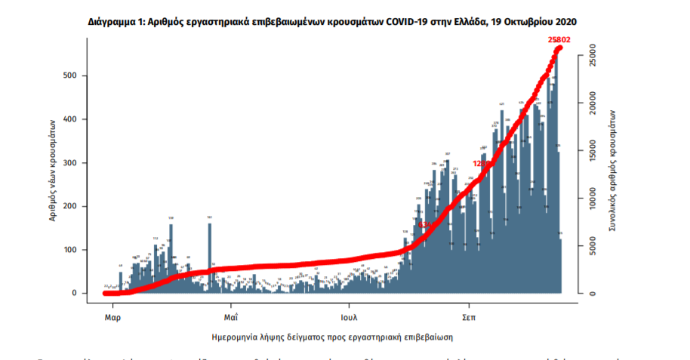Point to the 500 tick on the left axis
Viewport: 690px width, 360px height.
(77, 75)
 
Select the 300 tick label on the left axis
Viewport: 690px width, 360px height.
(77, 163)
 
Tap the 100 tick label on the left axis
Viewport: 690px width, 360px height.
(77, 250)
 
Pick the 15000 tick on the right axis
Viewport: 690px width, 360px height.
(597, 151)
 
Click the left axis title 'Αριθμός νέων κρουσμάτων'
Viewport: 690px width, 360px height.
(54, 171)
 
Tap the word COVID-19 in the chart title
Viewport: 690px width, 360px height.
(409, 23)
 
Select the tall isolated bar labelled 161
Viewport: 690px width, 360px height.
(209, 257)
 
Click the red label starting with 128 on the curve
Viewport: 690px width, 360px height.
(482, 163)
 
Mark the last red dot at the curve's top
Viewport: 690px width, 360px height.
(560, 48)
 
